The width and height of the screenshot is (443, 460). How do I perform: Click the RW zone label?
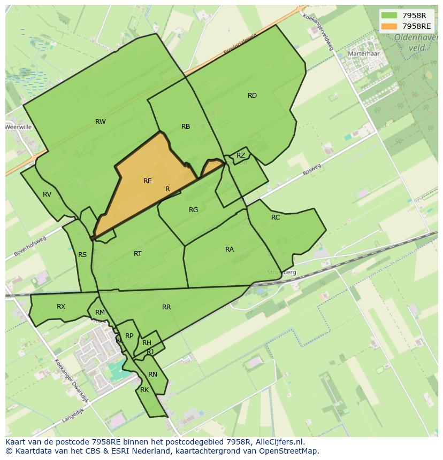[x=100, y=122]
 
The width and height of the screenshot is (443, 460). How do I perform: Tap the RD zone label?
[x=252, y=96]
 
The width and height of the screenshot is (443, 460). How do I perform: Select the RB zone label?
[x=186, y=127]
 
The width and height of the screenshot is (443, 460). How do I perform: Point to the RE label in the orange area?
[x=147, y=181]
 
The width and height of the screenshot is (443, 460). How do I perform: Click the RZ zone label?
[x=241, y=155]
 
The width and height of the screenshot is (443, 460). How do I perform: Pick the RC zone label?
[x=276, y=217]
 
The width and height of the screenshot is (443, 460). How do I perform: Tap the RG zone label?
[x=194, y=210]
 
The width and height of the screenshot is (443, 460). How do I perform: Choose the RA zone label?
[x=230, y=250]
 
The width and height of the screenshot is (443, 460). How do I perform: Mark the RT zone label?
[x=138, y=254]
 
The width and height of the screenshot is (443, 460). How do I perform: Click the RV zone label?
[x=47, y=194]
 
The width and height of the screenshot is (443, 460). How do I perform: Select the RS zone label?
[x=82, y=255]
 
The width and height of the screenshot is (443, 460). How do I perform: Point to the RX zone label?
[x=61, y=307]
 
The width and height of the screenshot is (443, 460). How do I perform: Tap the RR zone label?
[x=166, y=307]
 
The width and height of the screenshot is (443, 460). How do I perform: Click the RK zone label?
[x=144, y=390]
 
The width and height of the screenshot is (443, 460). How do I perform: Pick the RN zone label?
[x=152, y=375]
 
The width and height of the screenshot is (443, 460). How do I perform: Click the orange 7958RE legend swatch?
[x=389, y=26]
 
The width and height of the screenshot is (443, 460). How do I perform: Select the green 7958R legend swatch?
[x=389, y=15]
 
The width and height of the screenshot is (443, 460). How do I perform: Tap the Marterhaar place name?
[x=363, y=54]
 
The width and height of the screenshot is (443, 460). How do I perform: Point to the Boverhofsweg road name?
[x=30, y=246]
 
